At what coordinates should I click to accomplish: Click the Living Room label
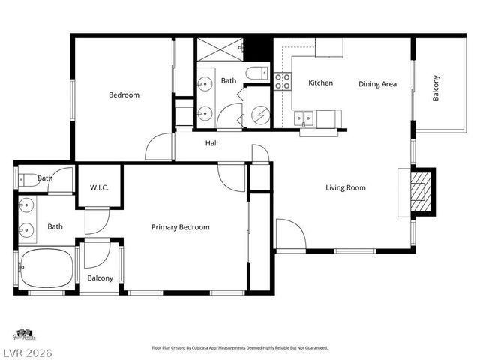point(346,187)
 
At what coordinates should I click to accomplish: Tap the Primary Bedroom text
point(180,227)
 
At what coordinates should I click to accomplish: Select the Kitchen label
point(320,82)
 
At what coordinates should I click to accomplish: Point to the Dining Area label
point(377,84)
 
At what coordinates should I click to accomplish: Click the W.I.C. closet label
point(100,187)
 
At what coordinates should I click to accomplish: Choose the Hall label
point(211,142)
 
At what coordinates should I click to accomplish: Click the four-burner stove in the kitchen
point(282,81)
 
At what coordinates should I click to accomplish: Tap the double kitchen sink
point(304,118)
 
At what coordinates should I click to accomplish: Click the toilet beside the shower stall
point(256,73)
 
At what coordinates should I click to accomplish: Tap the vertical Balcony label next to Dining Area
point(436,88)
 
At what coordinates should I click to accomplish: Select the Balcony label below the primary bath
point(100,278)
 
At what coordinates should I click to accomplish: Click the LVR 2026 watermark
point(26,351)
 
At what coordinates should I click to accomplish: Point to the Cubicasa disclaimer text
point(239,348)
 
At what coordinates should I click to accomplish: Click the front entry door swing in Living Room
point(289,234)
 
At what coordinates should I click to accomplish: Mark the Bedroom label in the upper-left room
point(124,94)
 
